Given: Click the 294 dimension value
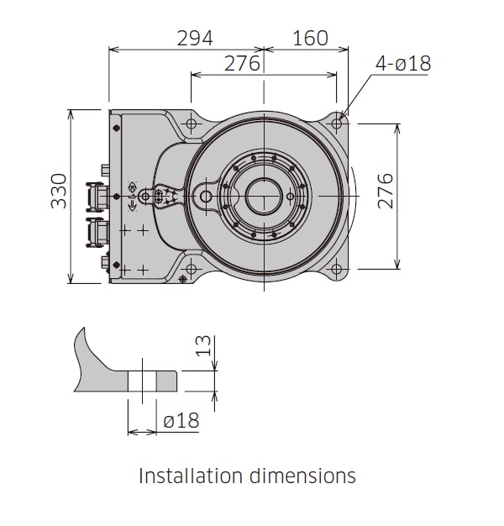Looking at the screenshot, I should pos(194,38).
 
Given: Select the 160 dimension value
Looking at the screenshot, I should pos(311,38).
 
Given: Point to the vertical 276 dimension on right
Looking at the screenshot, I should pos(385,196).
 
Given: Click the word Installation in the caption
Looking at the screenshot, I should pos(190,476).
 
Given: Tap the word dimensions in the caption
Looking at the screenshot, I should pos(302,476).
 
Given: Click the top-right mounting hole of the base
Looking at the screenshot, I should pos(337,124).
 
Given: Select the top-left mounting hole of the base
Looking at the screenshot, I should pos(191,124).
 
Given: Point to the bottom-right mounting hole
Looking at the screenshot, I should pos(337,270).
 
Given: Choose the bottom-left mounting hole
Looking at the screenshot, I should pos(191,270).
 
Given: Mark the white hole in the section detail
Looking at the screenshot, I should pos(143,380).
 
